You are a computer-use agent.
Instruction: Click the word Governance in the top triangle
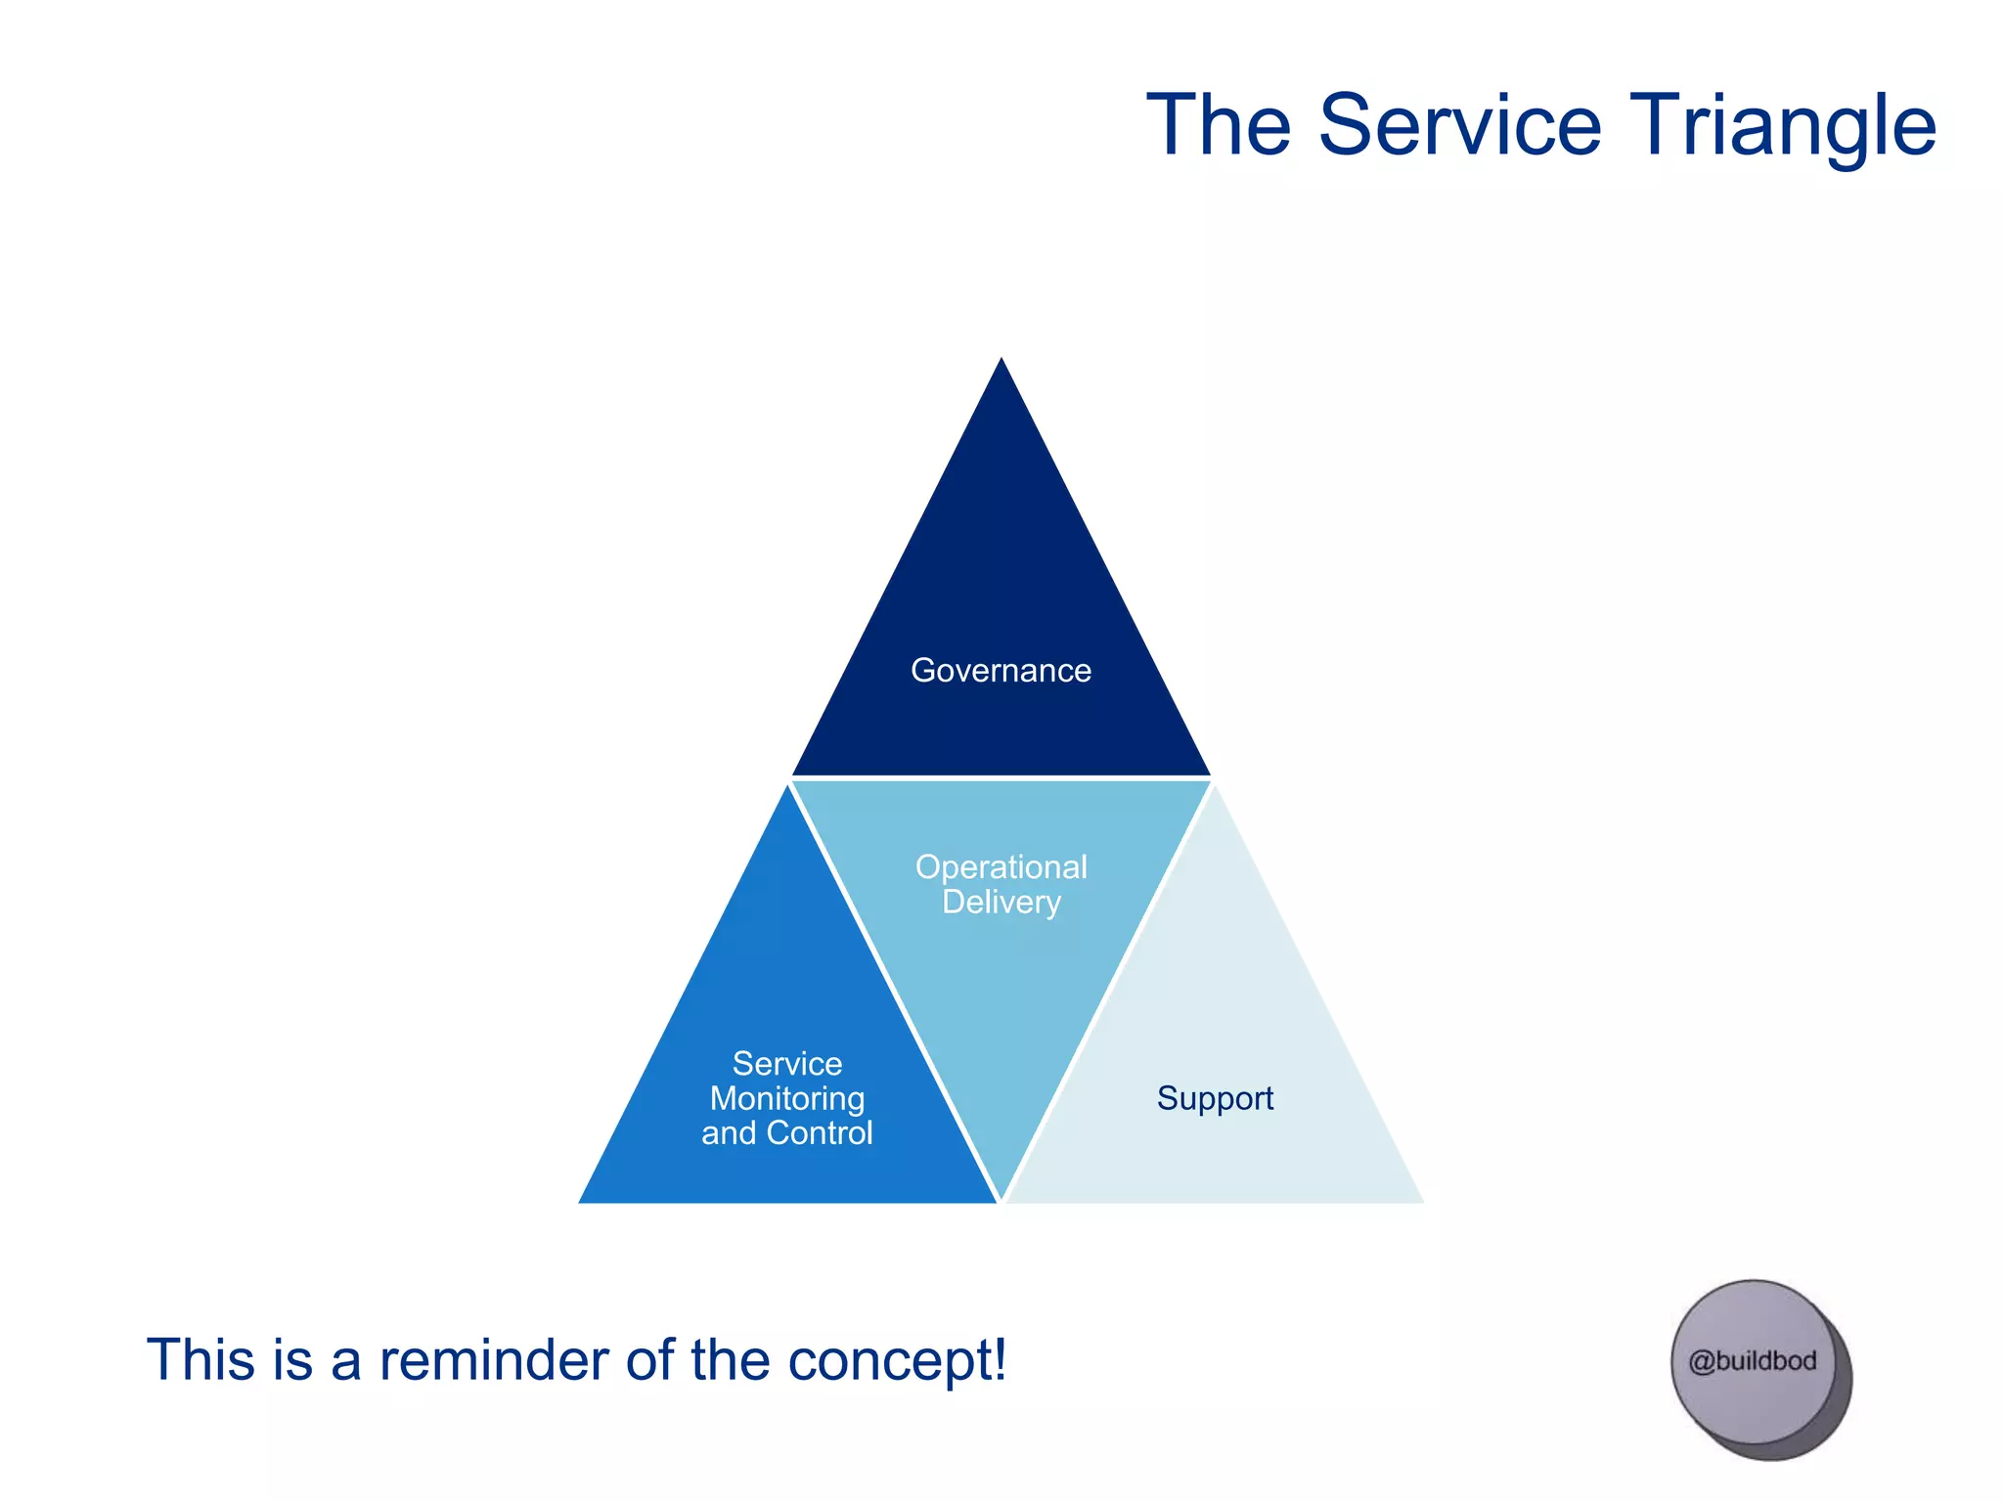(1001, 671)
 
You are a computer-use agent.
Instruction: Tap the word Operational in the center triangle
(1001, 867)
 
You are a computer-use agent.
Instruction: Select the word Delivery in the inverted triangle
(1001, 902)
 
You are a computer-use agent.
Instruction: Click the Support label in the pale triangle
(1215, 1098)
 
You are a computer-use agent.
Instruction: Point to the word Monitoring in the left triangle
(787, 1098)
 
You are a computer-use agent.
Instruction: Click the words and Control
(787, 1133)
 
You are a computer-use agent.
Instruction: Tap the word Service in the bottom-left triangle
(787, 1063)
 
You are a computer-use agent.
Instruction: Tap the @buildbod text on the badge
(1753, 1361)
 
